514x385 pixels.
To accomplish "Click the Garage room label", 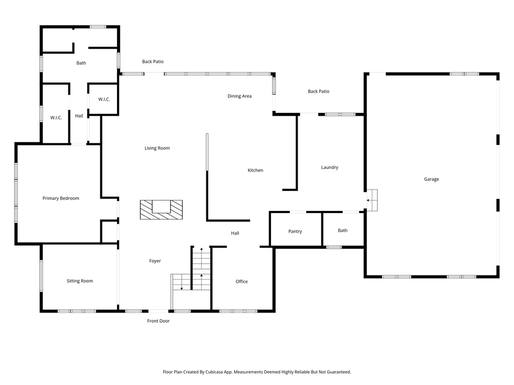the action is click(x=431, y=179).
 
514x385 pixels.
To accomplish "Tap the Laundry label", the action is click(x=330, y=167).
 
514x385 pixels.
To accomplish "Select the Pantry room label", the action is click(x=295, y=231).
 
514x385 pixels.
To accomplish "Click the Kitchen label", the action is click(x=255, y=170).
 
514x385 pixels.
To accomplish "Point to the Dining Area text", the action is click(x=239, y=96).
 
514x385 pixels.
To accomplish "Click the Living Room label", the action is click(x=157, y=148).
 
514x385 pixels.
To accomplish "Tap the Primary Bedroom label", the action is click(x=61, y=198).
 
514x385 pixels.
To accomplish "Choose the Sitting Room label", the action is click(x=80, y=281).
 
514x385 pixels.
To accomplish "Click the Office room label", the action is click(x=241, y=281).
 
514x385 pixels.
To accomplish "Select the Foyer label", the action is click(x=155, y=261).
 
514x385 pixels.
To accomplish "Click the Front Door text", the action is click(x=158, y=321).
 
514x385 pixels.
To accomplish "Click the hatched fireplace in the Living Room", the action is click(x=161, y=209).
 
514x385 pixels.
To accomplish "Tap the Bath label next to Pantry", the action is click(x=342, y=231).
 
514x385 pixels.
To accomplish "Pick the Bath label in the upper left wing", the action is click(x=81, y=63).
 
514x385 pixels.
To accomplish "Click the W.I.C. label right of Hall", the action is click(x=104, y=99).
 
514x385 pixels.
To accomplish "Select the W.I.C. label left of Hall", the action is click(x=56, y=117).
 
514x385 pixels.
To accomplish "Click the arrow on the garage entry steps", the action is click(x=369, y=200).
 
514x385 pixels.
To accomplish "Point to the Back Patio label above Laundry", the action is click(x=318, y=91).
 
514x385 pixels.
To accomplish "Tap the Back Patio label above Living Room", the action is click(x=153, y=62).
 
